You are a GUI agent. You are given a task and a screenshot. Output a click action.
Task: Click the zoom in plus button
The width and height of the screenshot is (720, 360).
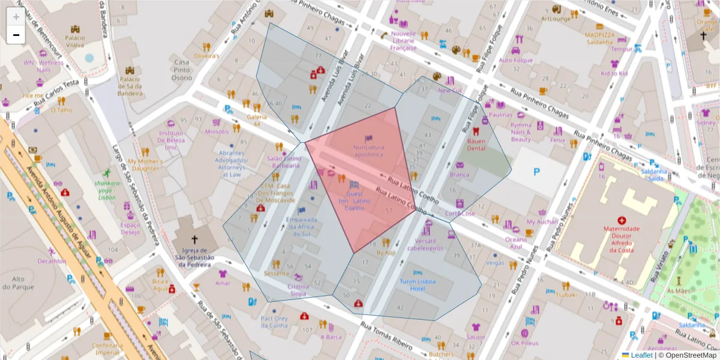16,17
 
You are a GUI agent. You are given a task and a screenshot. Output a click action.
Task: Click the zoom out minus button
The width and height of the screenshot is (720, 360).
16,35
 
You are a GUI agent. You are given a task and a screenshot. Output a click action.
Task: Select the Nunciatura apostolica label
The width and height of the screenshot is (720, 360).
368,150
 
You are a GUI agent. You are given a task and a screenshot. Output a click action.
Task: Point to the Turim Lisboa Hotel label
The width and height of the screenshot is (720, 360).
421,285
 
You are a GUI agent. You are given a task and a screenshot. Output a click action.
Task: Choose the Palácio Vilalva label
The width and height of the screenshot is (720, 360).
75,41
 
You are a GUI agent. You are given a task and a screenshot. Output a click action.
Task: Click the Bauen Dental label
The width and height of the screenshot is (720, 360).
476,144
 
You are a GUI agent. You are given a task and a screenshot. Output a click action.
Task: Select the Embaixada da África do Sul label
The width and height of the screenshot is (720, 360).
301,227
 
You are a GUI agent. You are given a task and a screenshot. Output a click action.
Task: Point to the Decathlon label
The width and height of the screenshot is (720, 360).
52,261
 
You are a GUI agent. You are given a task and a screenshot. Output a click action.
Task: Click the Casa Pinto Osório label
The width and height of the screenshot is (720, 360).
182,70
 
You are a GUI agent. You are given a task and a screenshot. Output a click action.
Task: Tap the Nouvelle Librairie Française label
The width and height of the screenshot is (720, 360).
403,40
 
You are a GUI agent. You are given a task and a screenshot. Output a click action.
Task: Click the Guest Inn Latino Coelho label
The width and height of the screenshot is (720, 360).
355,201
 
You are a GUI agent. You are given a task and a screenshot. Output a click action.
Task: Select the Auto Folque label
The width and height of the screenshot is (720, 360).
515,60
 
